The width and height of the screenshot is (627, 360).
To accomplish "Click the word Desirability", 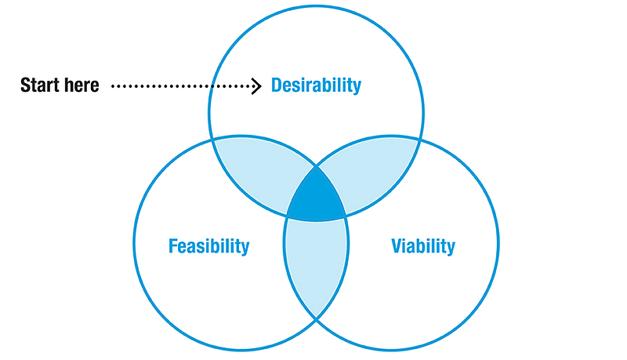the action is pyautogui.click(x=316, y=85).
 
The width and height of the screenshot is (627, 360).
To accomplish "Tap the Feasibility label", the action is pyautogui.click(x=208, y=246).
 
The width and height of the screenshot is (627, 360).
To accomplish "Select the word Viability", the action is pyautogui.click(x=423, y=246).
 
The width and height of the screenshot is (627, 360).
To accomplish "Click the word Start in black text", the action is pyautogui.click(x=39, y=85).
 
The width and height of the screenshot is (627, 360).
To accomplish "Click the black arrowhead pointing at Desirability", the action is pyautogui.click(x=257, y=86).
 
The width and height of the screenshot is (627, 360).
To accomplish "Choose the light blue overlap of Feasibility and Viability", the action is pyautogui.click(x=316, y=264).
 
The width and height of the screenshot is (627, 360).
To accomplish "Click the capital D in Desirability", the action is pyautogui.click(x=277, y=85).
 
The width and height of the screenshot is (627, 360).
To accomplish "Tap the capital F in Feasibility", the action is pyautogui.click(x=173, y=246).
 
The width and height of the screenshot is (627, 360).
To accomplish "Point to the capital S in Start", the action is pyautogui.click(x=26, y=85).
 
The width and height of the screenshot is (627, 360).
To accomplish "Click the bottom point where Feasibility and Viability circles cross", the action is pyautogui.click(x=316, y=318).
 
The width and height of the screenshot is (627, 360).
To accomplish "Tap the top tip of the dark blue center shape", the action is pyautogui.click(x=316, y=167).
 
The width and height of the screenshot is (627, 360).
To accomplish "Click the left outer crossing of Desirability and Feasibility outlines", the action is pyautogui.click(x=212, y=139).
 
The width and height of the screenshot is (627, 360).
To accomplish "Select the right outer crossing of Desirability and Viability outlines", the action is pyautogui.click(x=420, y=139).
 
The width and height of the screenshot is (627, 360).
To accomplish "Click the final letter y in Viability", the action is pyautogui.click(x=451, y=249).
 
